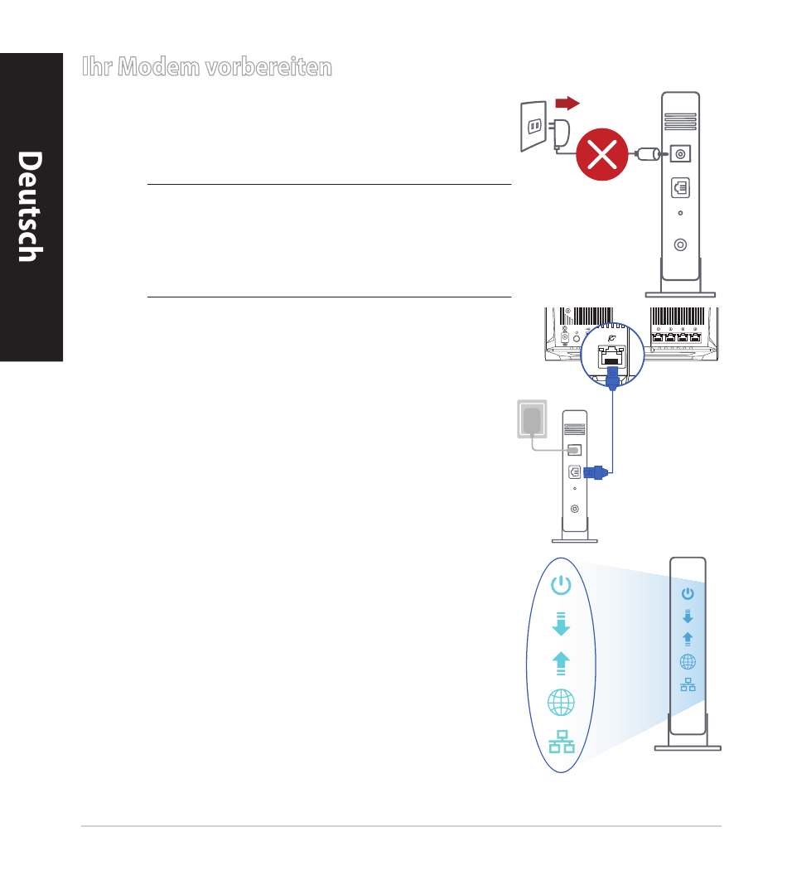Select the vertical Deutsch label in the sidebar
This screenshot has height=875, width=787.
[x=31, y=207]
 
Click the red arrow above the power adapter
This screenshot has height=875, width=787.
[x=567, y=103]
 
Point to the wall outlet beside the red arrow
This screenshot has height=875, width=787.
[x=533, y=127]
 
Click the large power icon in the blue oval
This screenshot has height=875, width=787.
[x=561, y=586]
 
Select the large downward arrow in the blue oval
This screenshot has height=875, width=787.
[x=561, y=624]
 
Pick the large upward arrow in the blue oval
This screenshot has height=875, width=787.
[x=561, y=663]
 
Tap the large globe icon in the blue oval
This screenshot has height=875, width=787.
[x=561, y=703]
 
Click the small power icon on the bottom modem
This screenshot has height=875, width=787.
[x=688, y=593]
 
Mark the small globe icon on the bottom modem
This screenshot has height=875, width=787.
[x=688, y=661]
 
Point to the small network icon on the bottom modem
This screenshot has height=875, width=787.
[x=688, y=684]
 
